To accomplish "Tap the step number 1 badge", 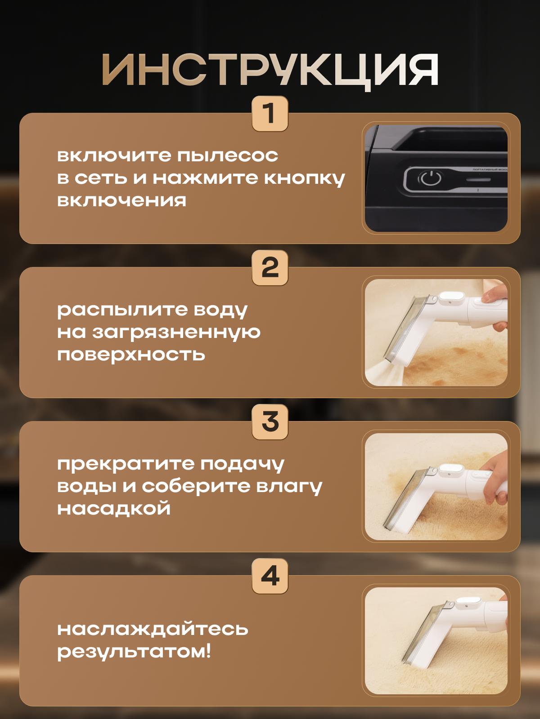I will [x=270, y=113].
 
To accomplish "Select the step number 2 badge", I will [x=270, y=268].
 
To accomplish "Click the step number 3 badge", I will [x=270, y=422].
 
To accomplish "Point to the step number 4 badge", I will [x=270, y=576].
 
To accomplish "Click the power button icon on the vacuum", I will [x=430, y=178].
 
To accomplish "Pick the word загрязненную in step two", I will [x=176, y=333].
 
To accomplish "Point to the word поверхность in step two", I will [x=131, y=355].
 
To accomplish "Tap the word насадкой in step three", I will [x=114, y=509].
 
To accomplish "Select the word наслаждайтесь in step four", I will [x=153, y=629].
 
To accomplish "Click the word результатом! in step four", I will [x=134, y=652].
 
